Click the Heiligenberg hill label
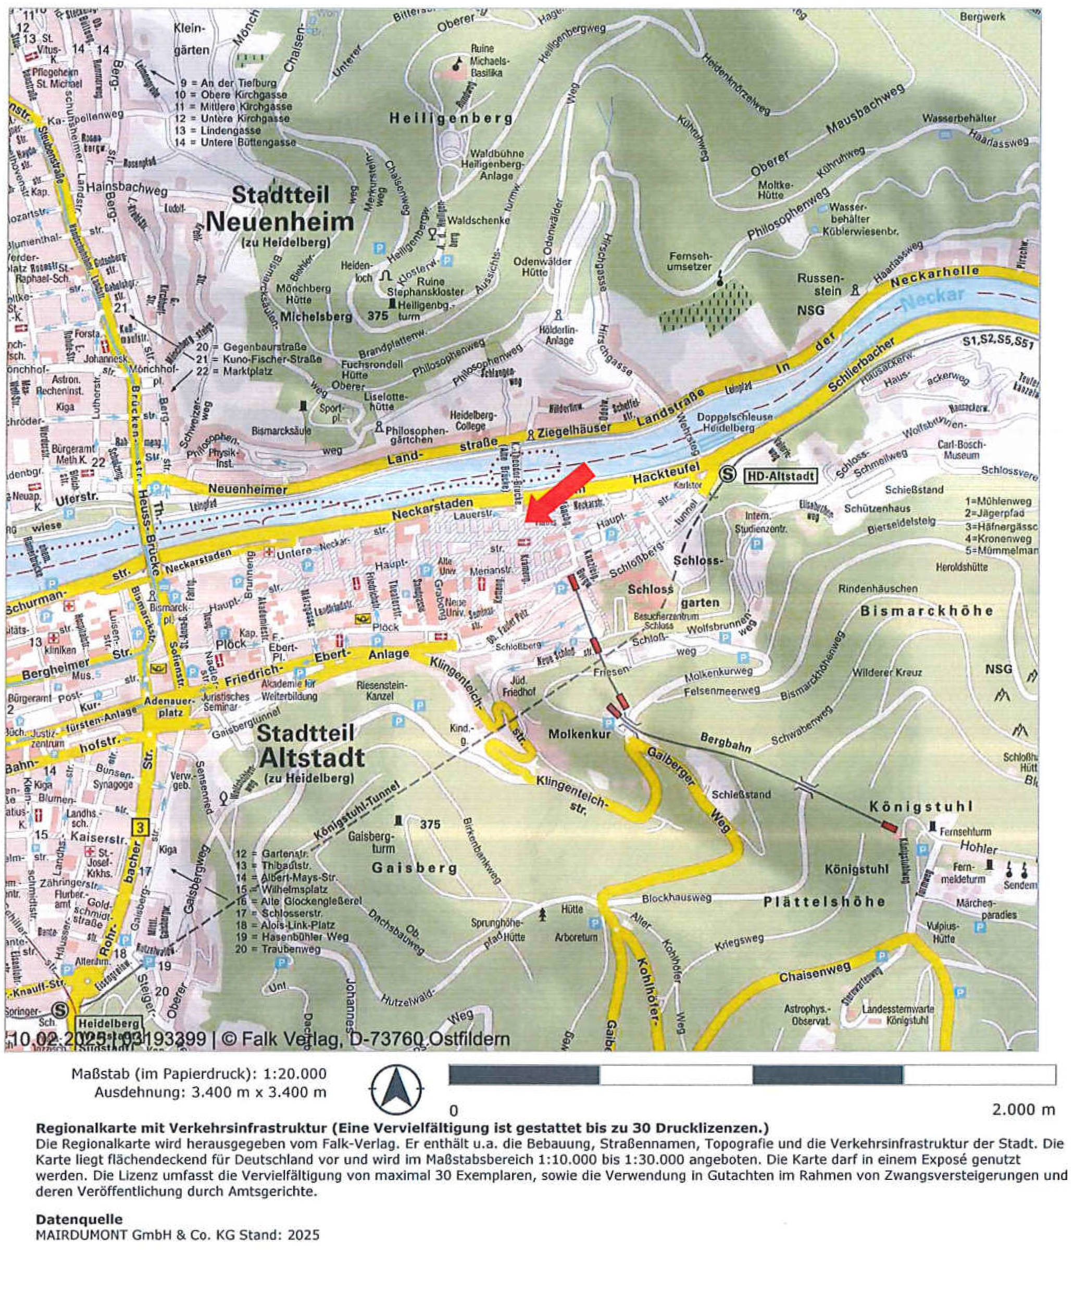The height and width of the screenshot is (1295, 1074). [x=451, y=118]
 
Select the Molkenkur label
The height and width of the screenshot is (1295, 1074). [x=580, y=734]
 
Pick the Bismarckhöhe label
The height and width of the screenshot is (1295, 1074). [x=927, y=611]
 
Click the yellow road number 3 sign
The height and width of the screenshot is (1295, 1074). [x=140, y=828]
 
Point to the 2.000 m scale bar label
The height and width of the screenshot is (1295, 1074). [x=1023, y=1110]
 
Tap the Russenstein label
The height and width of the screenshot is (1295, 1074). [x=819, y=284]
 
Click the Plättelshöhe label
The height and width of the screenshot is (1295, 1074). [x=825, y=902]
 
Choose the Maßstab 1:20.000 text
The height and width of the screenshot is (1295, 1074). [x=199, y=1074]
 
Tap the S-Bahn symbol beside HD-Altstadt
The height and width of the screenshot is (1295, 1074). [x=728, y=475]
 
